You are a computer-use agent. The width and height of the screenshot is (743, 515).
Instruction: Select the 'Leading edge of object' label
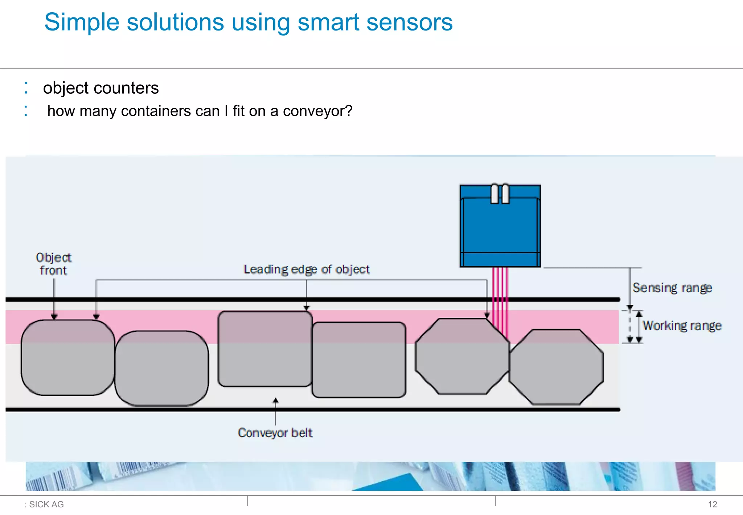pos(306,269)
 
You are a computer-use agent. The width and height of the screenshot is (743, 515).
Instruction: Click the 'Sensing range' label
pos(672,288)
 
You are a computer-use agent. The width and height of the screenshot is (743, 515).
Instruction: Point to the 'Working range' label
pos(682,325)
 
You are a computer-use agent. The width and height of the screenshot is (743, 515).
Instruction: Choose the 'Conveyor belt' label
pos(275,433)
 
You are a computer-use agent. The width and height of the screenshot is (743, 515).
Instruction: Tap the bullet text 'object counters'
pos(101,88)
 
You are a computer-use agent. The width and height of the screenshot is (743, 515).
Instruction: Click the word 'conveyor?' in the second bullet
pos(317,111)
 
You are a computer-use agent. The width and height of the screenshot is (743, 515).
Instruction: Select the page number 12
pos(712,504)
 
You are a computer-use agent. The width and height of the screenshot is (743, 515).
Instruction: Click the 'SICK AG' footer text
pos(46,504)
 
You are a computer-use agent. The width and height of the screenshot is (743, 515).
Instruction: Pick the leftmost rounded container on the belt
pos(67,357)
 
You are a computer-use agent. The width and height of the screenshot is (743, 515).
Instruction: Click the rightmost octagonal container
pos(556,367)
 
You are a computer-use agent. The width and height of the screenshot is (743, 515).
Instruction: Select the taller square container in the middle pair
pos(265,349)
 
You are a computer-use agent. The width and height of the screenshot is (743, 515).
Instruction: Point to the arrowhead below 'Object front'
pos(54,317)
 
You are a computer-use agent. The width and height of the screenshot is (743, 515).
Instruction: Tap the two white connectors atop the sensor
pos(500,194)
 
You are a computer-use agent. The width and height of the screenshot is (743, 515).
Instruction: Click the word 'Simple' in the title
pos(82,22)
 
